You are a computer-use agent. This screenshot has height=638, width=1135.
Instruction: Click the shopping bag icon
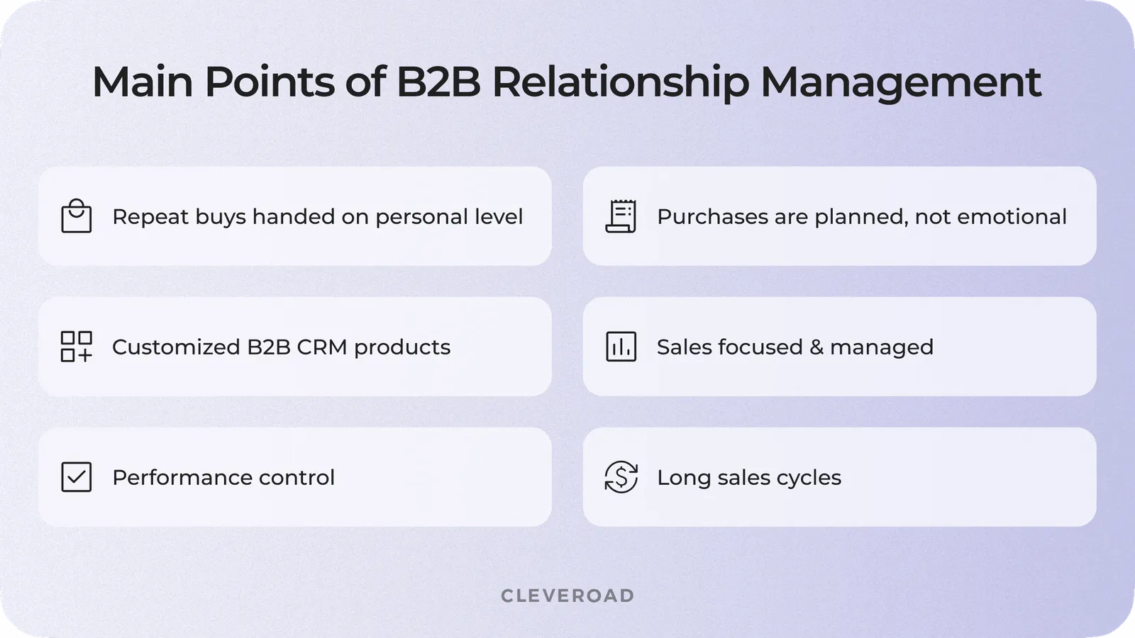[x=77, y=216]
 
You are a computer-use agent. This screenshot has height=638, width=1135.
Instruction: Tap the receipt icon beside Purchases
[x=621, y=216]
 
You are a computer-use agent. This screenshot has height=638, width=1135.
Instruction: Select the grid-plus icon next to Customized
[x=77, y=347]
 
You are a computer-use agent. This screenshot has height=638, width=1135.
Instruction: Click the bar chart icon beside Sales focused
[x=621, y=347]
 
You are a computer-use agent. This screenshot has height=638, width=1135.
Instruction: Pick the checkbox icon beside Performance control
[x=77, y=477]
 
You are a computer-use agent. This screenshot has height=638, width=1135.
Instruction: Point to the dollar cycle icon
[x=621, y=477]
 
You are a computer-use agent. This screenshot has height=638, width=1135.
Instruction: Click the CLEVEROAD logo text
[x=567, y=595]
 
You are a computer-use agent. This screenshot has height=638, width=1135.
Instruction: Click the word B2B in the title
[x=438, y=82]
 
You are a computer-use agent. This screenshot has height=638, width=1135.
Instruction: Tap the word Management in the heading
[x=901, y=82]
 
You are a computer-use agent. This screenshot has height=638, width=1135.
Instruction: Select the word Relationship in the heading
[x=620, y=82]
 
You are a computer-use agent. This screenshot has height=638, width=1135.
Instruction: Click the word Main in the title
[x=143, y=82]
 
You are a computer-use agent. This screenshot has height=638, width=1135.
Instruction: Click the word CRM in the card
[x=322, y=347]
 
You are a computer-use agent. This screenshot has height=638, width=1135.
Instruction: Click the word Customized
[x=176, y=347]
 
